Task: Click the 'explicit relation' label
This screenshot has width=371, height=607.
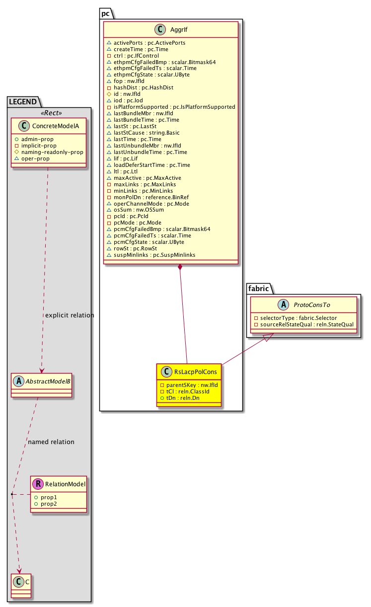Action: pos(70,315)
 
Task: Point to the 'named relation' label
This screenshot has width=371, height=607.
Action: pos(51,442)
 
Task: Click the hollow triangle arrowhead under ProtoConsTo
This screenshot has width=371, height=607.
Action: pos(267,337)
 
